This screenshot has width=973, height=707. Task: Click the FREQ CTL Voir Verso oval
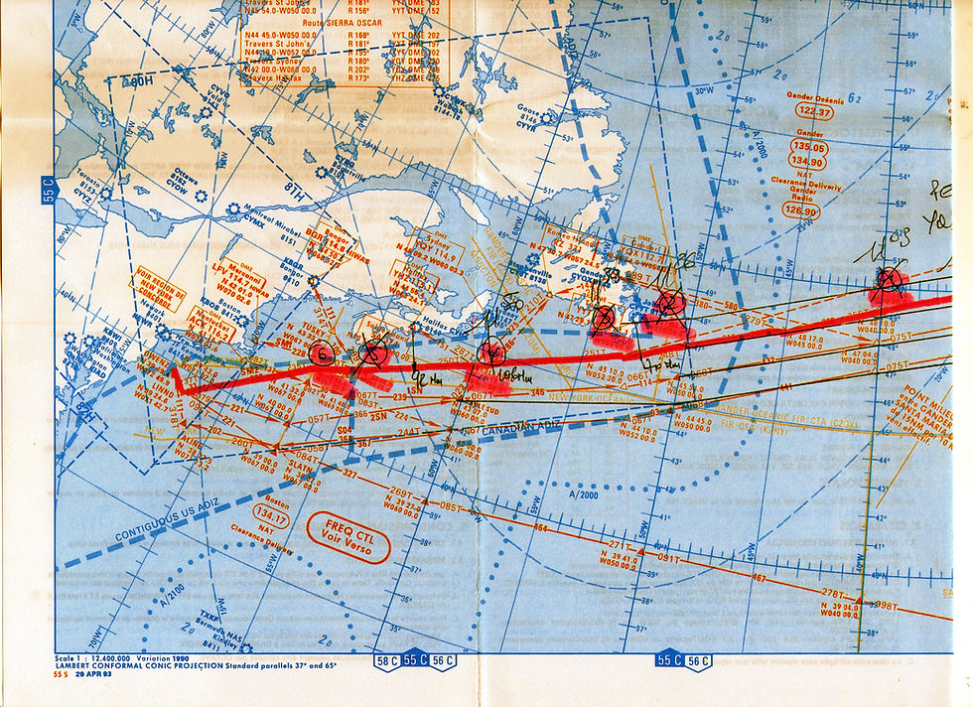(347, 537)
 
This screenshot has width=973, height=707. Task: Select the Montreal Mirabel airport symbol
(232, 209)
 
